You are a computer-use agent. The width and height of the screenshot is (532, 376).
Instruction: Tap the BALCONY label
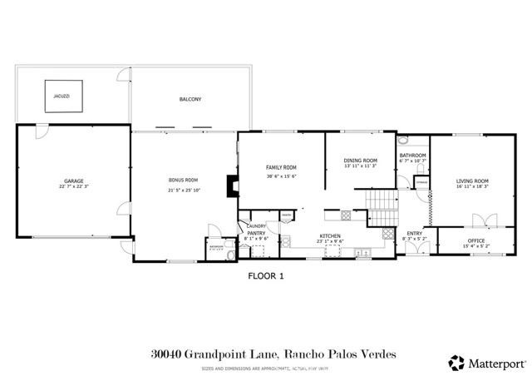tap(190, 100)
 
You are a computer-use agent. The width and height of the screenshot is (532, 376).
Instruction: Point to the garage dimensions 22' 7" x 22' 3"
tap(74, 187)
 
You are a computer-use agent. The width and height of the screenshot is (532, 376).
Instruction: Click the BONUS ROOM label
tap(183, 181)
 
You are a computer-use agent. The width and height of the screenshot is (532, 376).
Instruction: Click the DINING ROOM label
tap(361, 160)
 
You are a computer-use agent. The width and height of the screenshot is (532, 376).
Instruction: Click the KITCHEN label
tap(330, 236)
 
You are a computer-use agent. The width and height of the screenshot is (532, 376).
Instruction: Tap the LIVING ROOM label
tap(471, 181)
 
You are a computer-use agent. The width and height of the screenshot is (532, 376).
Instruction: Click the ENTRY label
tap(414, 233)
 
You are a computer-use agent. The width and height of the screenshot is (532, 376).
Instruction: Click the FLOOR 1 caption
tap(266, 276)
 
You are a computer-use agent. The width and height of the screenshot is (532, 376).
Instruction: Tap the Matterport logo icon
tap(456, 363)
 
